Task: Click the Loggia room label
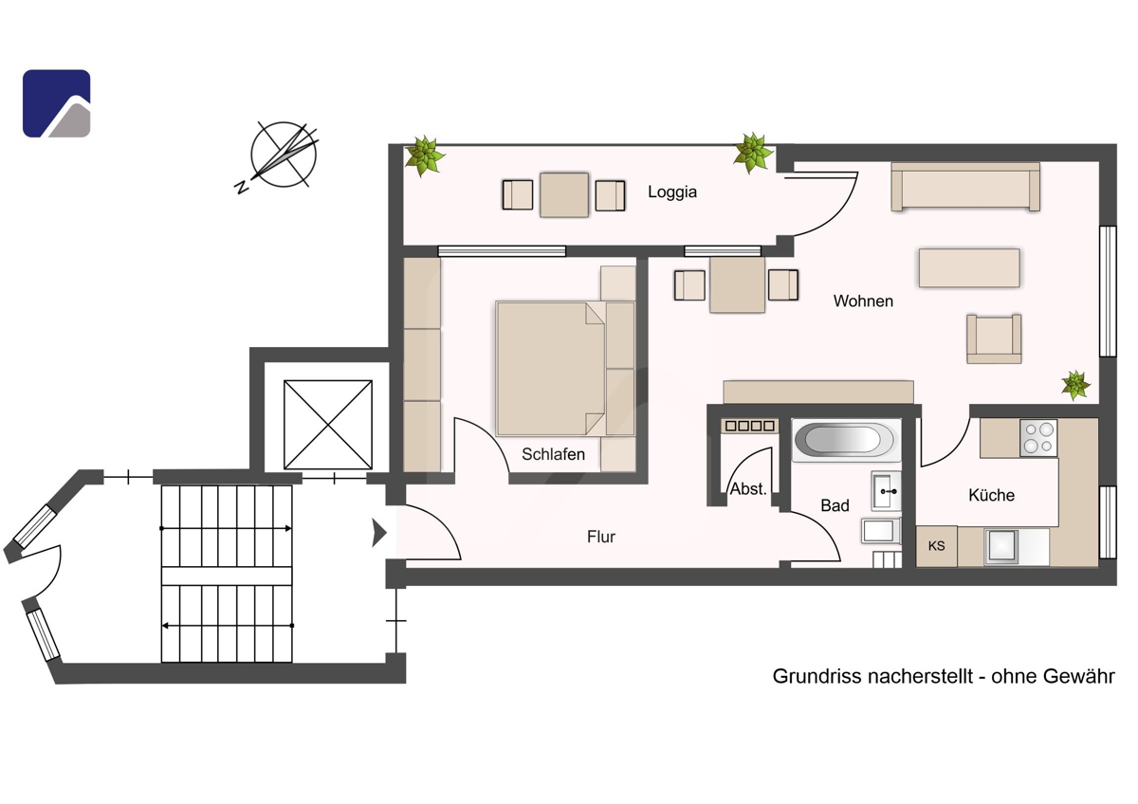click(671, 192)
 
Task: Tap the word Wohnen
click(863, 301)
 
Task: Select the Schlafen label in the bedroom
click(553, 454)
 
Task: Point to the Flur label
click(601, 537)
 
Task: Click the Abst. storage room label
click(748, 488)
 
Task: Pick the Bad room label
click(835, 505)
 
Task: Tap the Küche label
click(991, 495)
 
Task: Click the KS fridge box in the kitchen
click(936, 546)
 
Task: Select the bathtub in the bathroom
click(846, 440)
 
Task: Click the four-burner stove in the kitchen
click(1038, 438)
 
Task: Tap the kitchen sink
click(1001, 547)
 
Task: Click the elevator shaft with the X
click(328, 425)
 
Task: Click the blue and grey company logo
click(56, 103)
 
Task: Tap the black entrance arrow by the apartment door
click(379, 533)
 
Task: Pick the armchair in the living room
click(994, 338)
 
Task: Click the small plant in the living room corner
click(1075, 385)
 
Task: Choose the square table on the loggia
click(564, 195)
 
